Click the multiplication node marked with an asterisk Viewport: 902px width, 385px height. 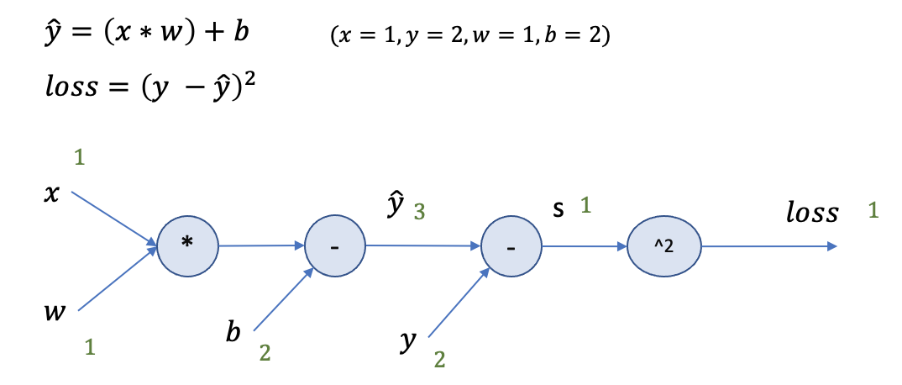coord(187,245)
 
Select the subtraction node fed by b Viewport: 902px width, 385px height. coord(335,246)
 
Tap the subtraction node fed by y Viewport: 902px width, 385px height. coord(511,246)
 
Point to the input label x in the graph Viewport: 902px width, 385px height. coord(52,194)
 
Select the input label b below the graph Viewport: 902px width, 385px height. coord(233,331)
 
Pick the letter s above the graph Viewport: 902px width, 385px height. coord(558,208)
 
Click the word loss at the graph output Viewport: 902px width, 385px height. coord(812,214)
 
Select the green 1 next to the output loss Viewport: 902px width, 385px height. coord(874,212)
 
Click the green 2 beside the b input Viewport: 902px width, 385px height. coord(265,353)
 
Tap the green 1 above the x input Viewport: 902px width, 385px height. coord(80,157)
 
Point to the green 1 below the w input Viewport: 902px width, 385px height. coord(90,345)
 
